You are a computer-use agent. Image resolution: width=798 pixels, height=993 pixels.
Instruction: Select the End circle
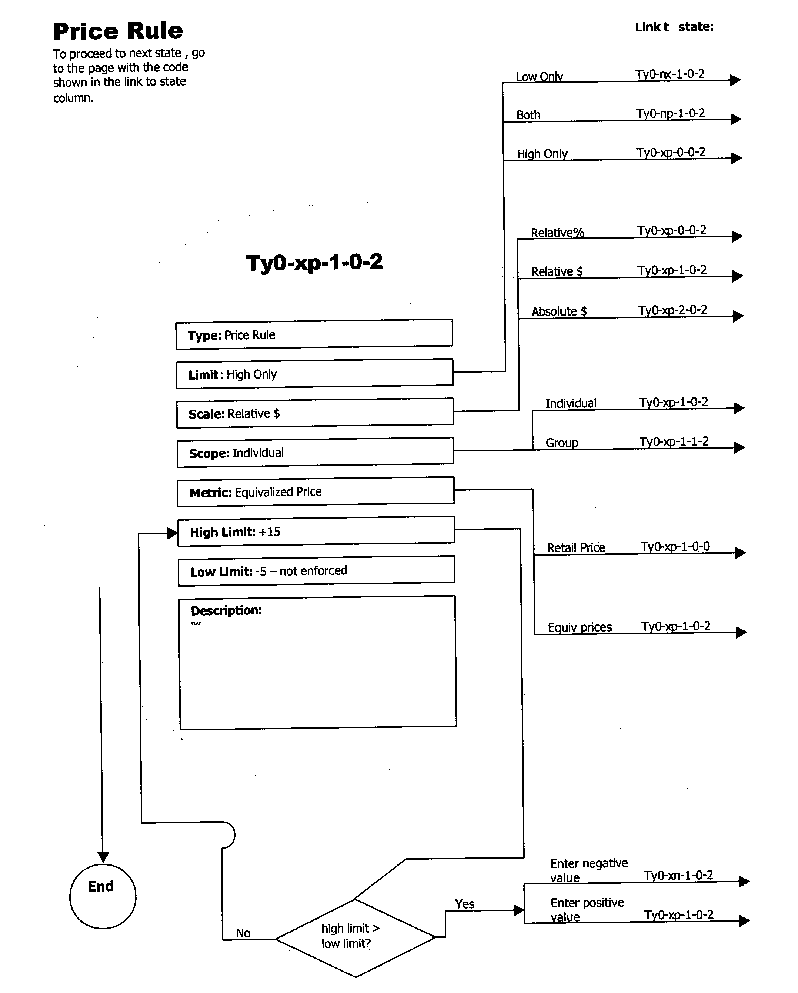pos(103,896)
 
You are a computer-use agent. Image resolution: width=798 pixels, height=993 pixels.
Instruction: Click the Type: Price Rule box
pos(314,334)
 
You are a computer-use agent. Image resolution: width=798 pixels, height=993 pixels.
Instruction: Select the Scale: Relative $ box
pos(314,413)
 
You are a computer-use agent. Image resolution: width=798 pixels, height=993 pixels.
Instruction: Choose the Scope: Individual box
pos(315,452)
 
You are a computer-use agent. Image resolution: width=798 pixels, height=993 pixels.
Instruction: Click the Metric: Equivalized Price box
pos(315,492)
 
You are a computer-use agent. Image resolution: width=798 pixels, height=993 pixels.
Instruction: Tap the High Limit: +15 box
pos(316,531)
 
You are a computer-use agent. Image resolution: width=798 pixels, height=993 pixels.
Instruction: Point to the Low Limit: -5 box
pos(316,571)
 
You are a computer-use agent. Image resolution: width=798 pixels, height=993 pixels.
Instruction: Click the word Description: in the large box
pos(226,610)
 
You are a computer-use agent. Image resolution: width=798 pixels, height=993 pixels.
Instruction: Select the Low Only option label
pos(539,76)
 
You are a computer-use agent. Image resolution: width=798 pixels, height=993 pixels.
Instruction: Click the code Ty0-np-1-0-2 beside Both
pos(670,113)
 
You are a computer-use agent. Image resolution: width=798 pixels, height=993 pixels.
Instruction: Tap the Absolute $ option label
pos(559,311)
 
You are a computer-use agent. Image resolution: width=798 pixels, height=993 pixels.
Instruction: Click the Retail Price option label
pos(575,548)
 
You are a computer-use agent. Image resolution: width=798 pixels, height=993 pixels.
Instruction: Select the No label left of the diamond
pos(243,933)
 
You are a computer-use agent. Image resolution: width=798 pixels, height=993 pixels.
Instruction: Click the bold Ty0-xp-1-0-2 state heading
pos(314,263)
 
